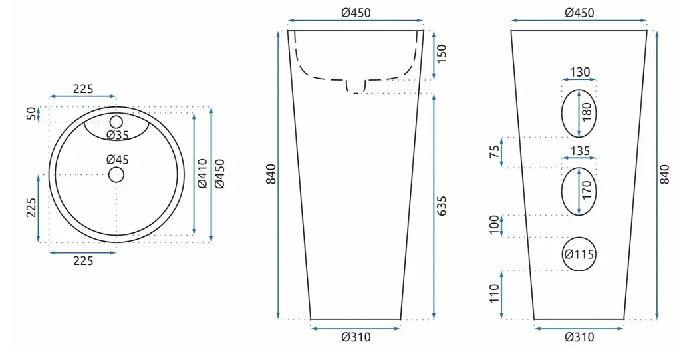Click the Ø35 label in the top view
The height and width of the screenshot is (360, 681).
pos(118,135)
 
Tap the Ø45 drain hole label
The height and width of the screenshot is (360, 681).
pos(118,160)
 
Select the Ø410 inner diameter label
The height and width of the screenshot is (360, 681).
pos(203,174)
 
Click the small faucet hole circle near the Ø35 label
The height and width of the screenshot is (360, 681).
pos(116,122)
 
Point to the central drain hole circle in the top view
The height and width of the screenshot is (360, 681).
pos(116,175)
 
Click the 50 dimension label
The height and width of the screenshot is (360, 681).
pos(32,114)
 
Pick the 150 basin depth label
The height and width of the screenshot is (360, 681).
pos(442,54)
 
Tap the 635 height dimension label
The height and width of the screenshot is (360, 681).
pos(442,206)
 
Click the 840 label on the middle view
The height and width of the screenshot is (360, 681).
pos(271,174)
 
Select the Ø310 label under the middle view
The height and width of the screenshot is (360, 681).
pos(356,337)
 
